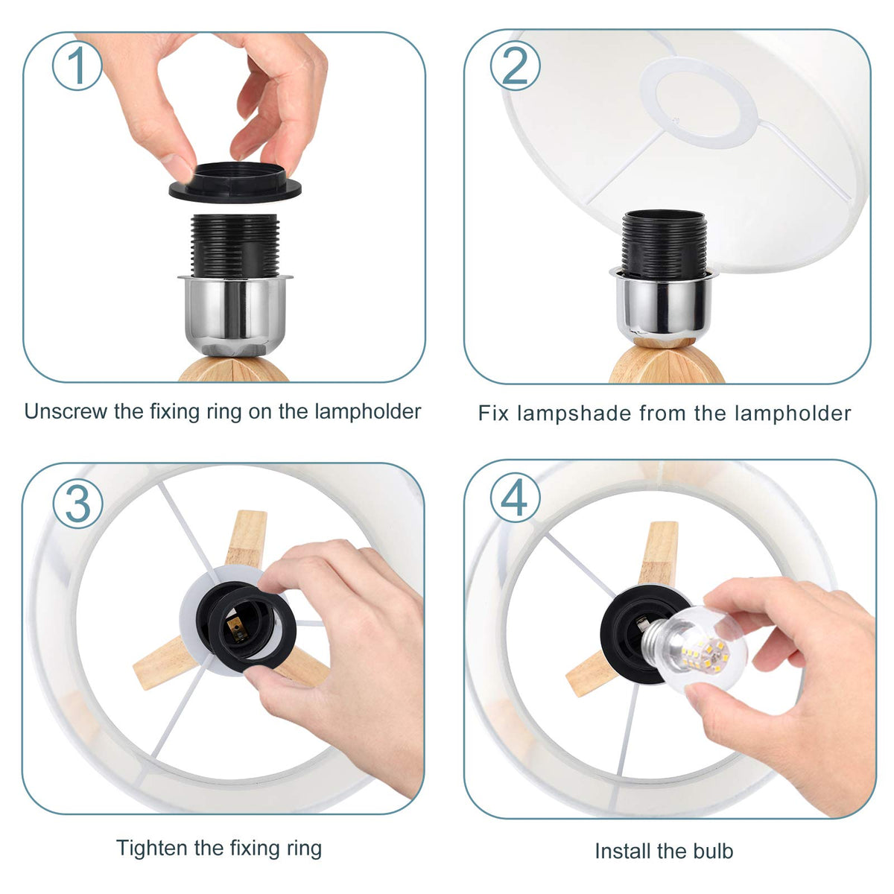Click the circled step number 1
point(77,66)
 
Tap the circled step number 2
point(515,65)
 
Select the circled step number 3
point(77,504)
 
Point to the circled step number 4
point(515,498)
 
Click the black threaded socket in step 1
point(235,245)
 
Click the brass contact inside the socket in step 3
point(238,632)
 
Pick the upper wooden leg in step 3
point(246,538)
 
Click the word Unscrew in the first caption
point(66,411)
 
